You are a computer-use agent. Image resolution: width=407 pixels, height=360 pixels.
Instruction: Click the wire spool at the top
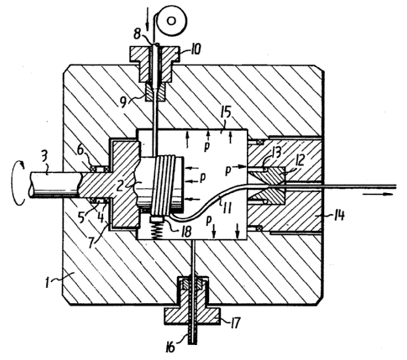coord(171,21)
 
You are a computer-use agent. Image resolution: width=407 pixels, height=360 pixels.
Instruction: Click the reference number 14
coord(337,215)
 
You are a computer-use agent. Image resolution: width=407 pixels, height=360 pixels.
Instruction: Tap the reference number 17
coord(234,323)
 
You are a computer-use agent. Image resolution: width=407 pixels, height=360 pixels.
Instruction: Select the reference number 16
coord(170,347)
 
